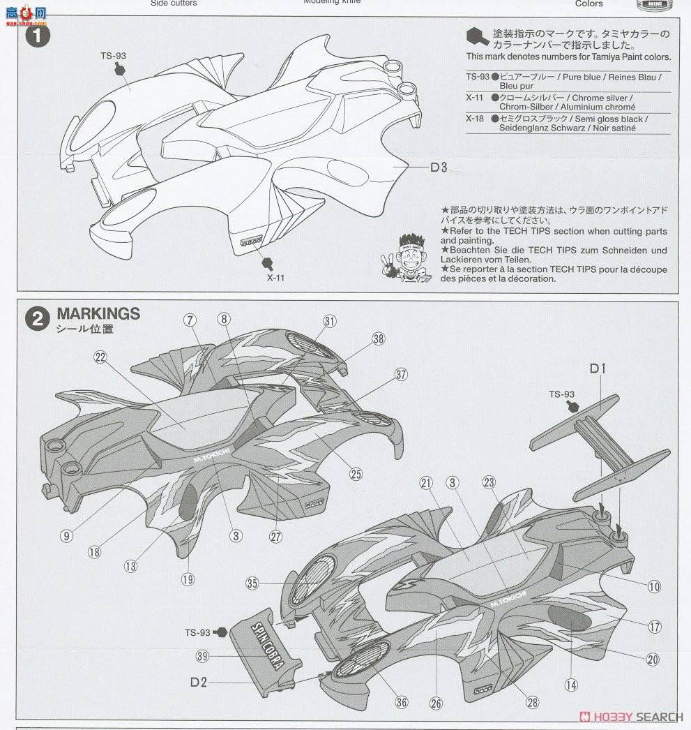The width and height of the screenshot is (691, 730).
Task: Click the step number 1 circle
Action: (37, 36)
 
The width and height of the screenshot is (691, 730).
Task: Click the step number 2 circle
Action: (37, 319)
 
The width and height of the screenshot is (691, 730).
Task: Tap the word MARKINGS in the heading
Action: (98, 313)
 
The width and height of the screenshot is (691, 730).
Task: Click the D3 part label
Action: (438, 167)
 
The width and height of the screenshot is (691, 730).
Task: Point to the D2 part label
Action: (198, 682)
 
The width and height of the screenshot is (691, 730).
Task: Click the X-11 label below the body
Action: (275, 277)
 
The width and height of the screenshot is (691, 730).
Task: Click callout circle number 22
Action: (100, 357)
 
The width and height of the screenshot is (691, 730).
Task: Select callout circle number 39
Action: (202, 656)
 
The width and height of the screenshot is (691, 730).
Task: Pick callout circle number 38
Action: (378, 338)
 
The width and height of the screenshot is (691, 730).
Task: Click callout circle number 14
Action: (571, 685)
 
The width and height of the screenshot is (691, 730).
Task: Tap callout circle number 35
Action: (252, 583)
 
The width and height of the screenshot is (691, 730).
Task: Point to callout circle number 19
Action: (188, 579)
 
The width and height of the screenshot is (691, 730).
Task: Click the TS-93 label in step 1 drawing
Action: (113, 56)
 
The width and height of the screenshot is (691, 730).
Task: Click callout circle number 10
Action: (653, 587)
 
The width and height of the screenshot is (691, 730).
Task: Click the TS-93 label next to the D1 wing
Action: (561, 394)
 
